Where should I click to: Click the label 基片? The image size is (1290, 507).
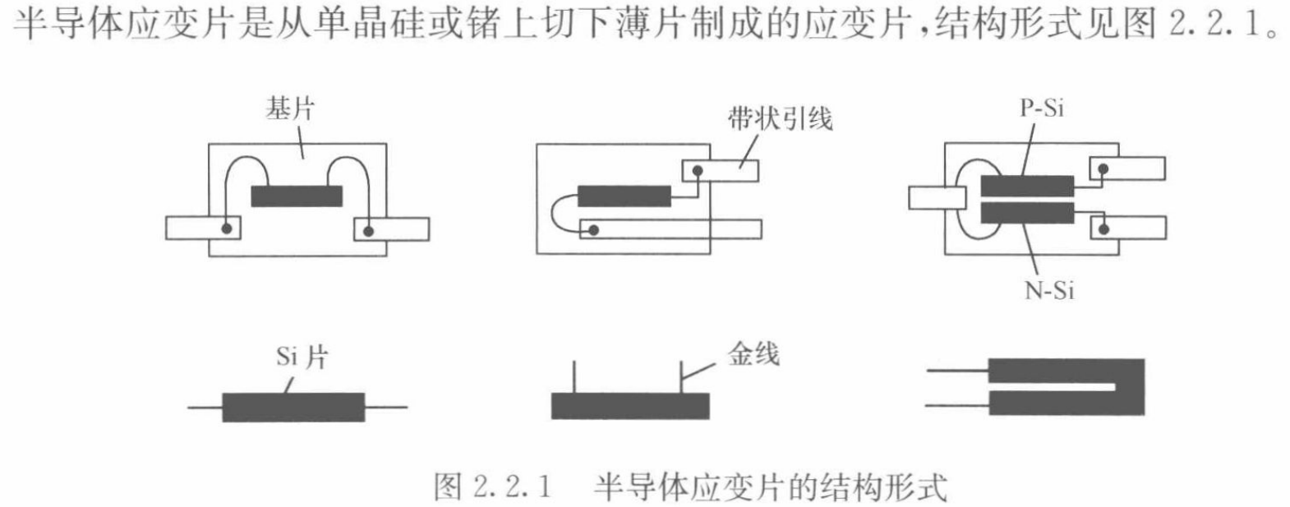[289, 109]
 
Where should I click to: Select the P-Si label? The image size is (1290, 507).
[1042, 108]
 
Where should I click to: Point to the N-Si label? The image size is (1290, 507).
[1049, 290]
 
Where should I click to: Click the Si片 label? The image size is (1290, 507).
[302, 357]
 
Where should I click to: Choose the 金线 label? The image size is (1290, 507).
[753, 354]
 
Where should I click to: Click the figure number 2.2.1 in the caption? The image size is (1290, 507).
[511, 487]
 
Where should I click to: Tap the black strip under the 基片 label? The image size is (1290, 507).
[297, 196]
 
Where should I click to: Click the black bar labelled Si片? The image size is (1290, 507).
[293, 407]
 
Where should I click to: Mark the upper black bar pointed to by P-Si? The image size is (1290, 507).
[1027, 186]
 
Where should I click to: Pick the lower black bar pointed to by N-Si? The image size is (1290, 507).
[1027, 213]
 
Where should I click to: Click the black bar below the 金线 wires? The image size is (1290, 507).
[629, 406]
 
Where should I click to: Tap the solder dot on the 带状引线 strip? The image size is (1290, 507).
[697, 171]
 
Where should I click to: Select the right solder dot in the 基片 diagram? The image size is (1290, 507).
[368, 230]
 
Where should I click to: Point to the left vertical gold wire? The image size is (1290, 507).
[574, 378]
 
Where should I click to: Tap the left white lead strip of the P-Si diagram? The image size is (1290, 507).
[936, 197]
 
